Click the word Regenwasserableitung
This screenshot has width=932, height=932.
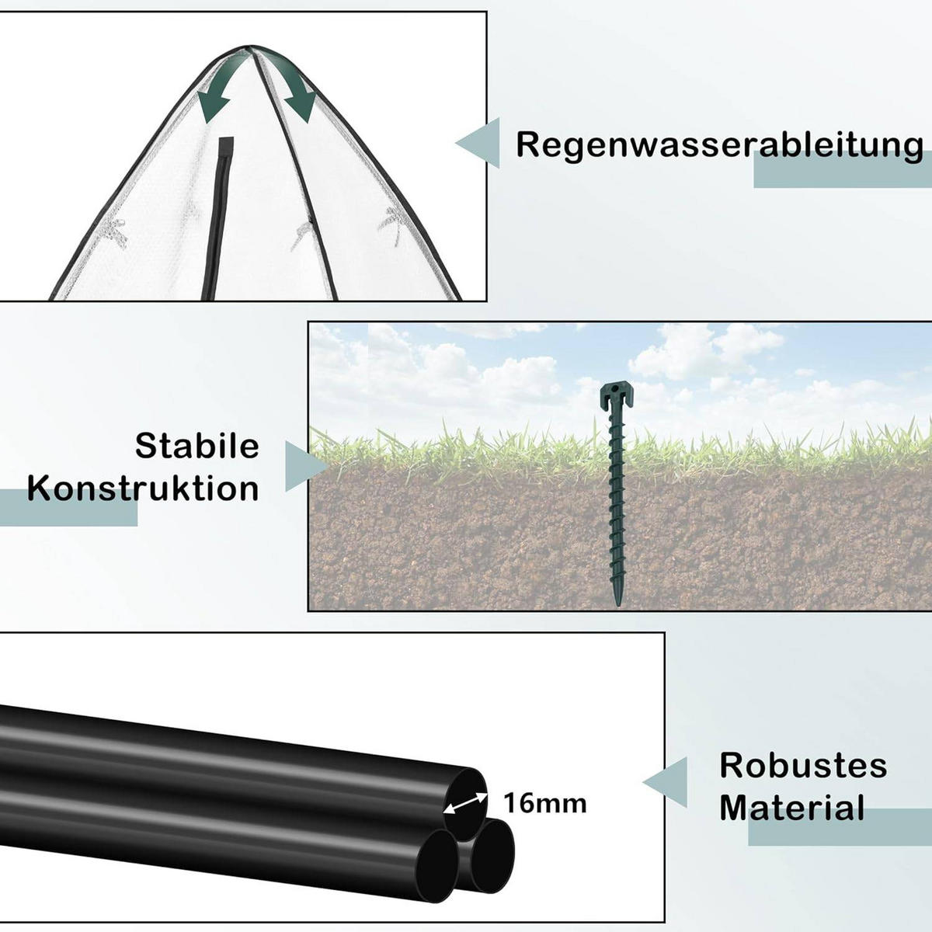[719, 145]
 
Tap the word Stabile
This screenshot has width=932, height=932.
[197, 446]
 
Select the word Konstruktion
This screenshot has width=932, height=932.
[144, 489]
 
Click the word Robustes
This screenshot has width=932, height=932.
[803, 766]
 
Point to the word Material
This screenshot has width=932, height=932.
[792, 808]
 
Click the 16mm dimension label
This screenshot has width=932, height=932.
[545, 803]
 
